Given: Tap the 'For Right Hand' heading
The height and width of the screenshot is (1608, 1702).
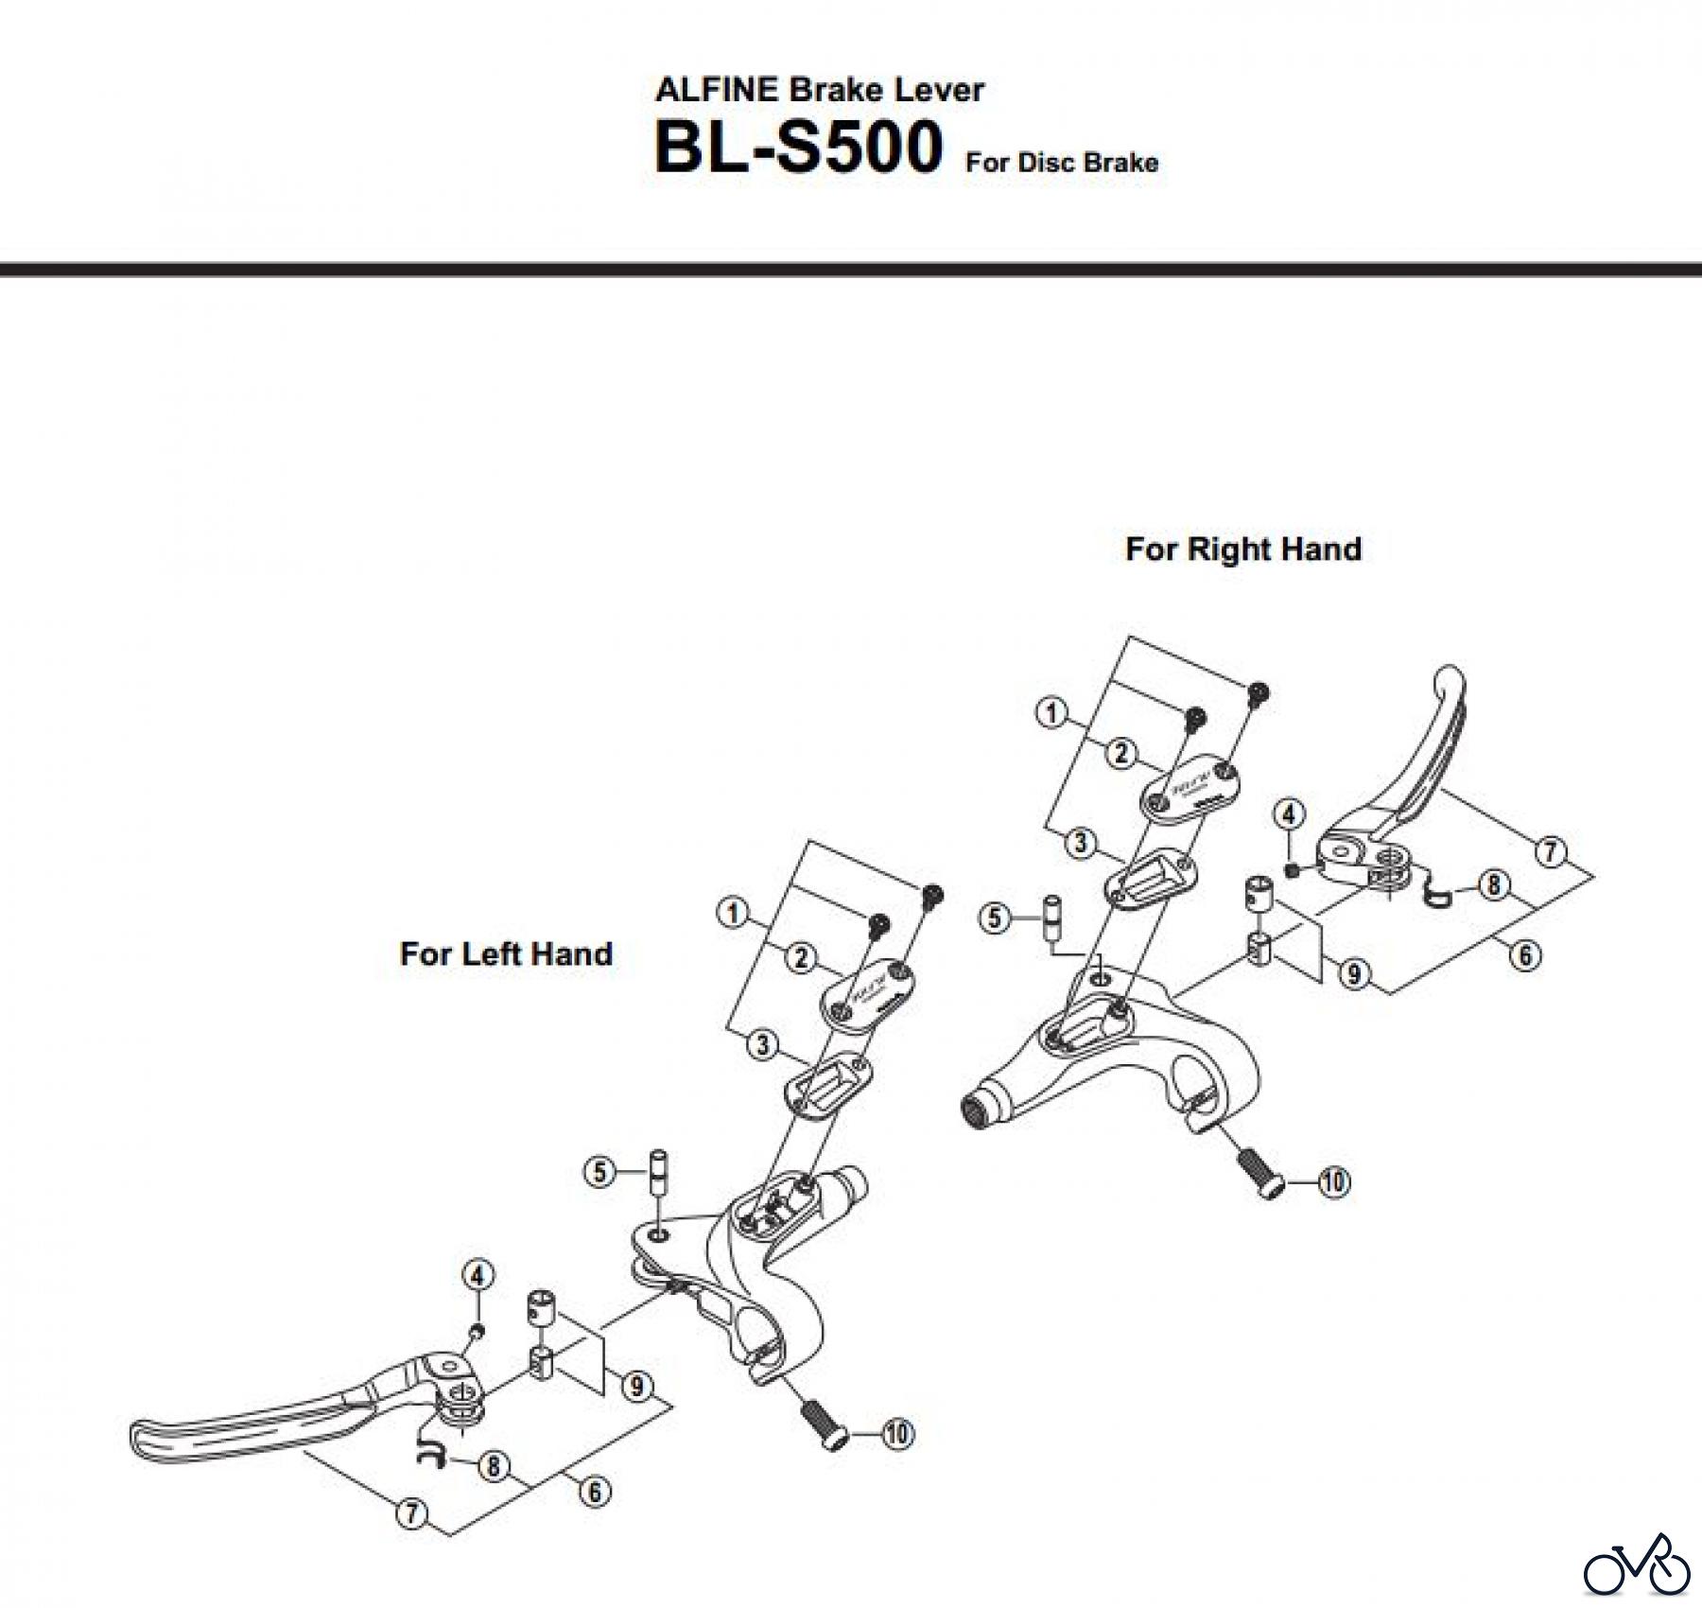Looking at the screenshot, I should (1242, 549).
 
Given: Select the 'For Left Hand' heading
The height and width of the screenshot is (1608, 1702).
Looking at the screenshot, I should (506, 953).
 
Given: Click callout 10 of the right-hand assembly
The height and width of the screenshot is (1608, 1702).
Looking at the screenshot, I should (1333, 1181).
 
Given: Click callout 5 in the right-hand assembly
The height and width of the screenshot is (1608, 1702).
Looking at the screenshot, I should (994, 918).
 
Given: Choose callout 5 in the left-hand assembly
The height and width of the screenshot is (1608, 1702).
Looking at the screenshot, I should (599, 1173).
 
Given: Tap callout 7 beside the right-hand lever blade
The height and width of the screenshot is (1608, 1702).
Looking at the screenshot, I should (1550, 851).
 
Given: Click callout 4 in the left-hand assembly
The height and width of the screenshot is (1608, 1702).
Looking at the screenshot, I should (478, 1275).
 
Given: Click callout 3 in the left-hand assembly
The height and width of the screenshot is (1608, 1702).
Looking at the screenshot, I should (762, 1045).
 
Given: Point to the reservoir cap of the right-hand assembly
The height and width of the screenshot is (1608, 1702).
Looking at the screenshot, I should (1186, 786).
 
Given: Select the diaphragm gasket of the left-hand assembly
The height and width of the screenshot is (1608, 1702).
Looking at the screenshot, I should (826, 1080).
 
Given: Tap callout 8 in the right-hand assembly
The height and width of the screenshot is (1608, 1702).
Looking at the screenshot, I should (1493, 885).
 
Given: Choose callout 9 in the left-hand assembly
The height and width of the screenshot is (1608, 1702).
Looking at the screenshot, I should (636, 1387).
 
